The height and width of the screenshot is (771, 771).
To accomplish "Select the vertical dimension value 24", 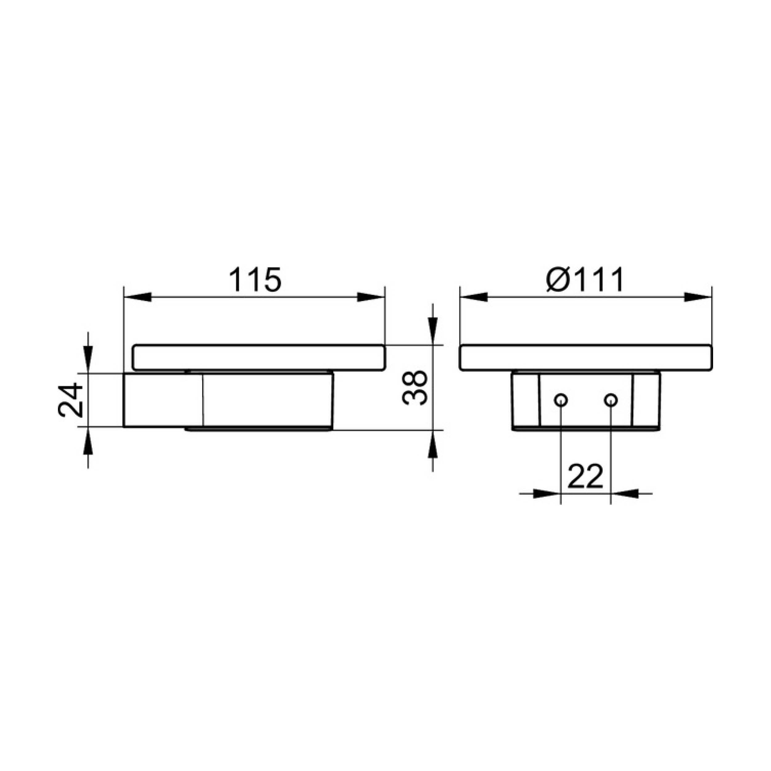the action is click(71, 400).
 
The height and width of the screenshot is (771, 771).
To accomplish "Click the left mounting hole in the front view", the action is click(561, 400).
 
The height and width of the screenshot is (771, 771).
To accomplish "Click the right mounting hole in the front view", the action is click(611, 400).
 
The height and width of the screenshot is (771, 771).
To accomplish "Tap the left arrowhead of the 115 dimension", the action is click(138, 297).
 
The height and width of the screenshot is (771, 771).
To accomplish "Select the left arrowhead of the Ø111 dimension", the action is click(474, 297).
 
